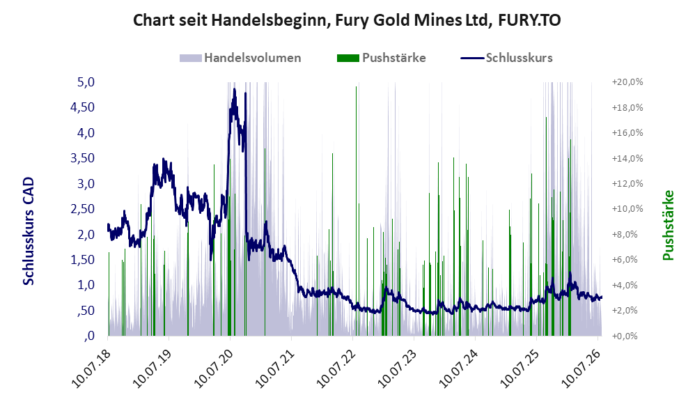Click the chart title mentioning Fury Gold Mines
coord(347,20)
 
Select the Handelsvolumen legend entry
coord(240,58)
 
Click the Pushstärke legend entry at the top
coord(381,58)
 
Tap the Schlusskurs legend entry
coord(506,58)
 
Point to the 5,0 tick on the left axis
coord(86,82)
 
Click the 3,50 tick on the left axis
coord(82,158)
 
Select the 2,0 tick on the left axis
coord(86,235)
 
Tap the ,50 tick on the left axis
coord(85,311)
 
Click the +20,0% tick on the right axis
coord(627,82)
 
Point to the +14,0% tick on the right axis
coord(627,158)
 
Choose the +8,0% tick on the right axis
coord(627,235)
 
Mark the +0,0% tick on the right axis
coord(627,336)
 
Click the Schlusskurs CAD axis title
coord(29,231)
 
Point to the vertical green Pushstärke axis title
coord(669,225)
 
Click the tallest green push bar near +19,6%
coord(356,211)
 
